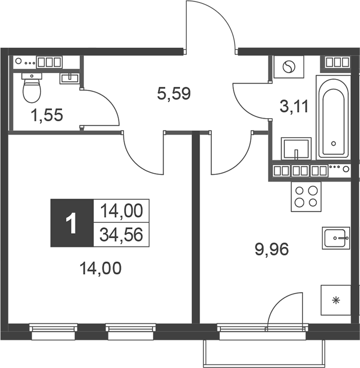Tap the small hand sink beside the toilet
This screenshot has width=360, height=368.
click(x=69, y=78)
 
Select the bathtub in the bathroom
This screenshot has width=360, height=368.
click(x=332, y=115)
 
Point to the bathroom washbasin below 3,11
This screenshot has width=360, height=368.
click(x=296, y=148)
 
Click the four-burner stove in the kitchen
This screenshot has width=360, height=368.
click(x=306, y=196)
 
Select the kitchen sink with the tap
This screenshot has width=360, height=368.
click(x=335, y=237)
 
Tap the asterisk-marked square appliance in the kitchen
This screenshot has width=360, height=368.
click(x=335, y=300)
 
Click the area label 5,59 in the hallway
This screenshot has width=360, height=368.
click(x=174, y=94)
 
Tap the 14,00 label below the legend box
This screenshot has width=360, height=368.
click(x=100, y=269)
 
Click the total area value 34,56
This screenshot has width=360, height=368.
click(x=121, y=234)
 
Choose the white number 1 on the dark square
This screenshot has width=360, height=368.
click(x=72, y=223)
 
